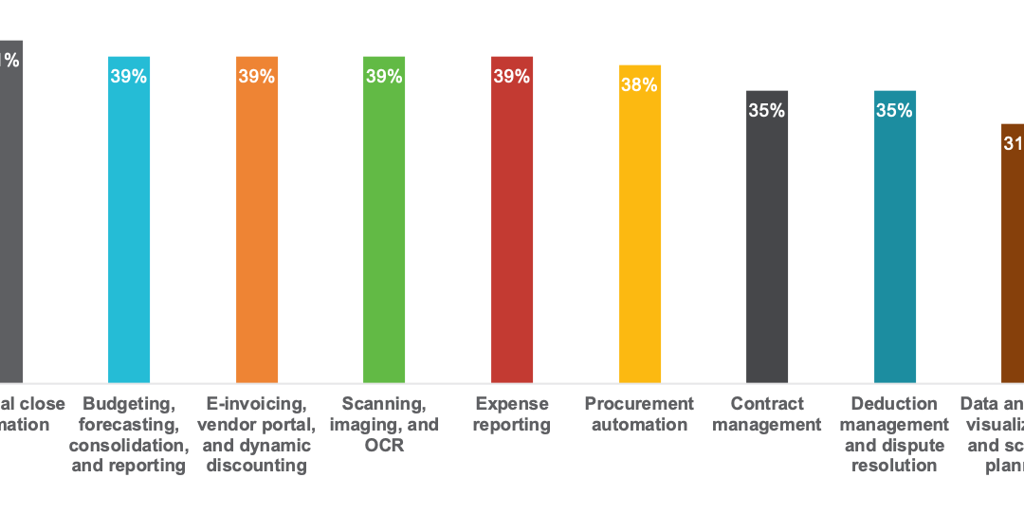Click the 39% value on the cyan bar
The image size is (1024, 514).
click(129, 77)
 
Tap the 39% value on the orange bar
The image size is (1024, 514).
click(257, 77)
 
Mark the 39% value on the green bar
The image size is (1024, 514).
click(384, 77)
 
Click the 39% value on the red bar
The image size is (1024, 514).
click(512, 77)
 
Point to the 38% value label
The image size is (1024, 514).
click(639, 85)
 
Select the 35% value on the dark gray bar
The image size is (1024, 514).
click(767, 111)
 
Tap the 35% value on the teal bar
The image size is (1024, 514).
click(894, 111)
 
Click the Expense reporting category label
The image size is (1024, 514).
click(512, 414)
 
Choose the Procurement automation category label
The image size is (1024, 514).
click(639, 414)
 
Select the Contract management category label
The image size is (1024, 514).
click(767, 414)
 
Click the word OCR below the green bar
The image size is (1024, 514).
click(384, 446)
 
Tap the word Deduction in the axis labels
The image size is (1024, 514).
click(894, 404)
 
